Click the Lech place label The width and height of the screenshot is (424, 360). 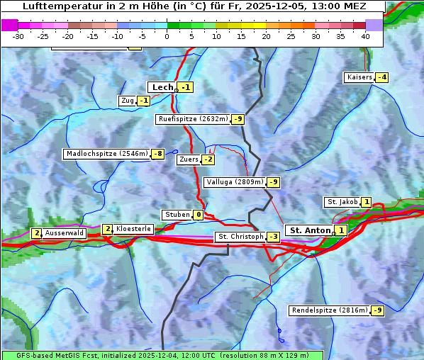coord(162,87)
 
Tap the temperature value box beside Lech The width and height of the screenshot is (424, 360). coord(185,87)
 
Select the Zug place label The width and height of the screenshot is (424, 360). coord(128,101)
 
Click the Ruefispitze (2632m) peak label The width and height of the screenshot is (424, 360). coord(193,119)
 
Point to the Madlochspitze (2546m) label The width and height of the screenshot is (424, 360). coord(106,154)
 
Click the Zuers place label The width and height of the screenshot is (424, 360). coord(188,159)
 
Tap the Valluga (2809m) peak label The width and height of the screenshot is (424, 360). coord(235,182)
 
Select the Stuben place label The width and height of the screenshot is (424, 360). coord(177,215)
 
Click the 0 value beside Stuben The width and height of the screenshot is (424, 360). coord(198,215)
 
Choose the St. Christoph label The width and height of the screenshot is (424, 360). coord(239,237)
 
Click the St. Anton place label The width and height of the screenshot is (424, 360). coord(311,230)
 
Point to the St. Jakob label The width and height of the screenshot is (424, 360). coord(342,202)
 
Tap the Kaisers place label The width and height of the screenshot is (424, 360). coord(359,77)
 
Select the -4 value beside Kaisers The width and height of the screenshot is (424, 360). coord(381,77)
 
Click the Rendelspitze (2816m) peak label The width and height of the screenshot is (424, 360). coord(330,310)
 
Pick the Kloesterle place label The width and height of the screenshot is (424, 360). coord(133,229)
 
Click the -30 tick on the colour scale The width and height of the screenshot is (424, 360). coord(18,35)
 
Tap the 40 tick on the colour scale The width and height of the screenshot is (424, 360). coord(365,35)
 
